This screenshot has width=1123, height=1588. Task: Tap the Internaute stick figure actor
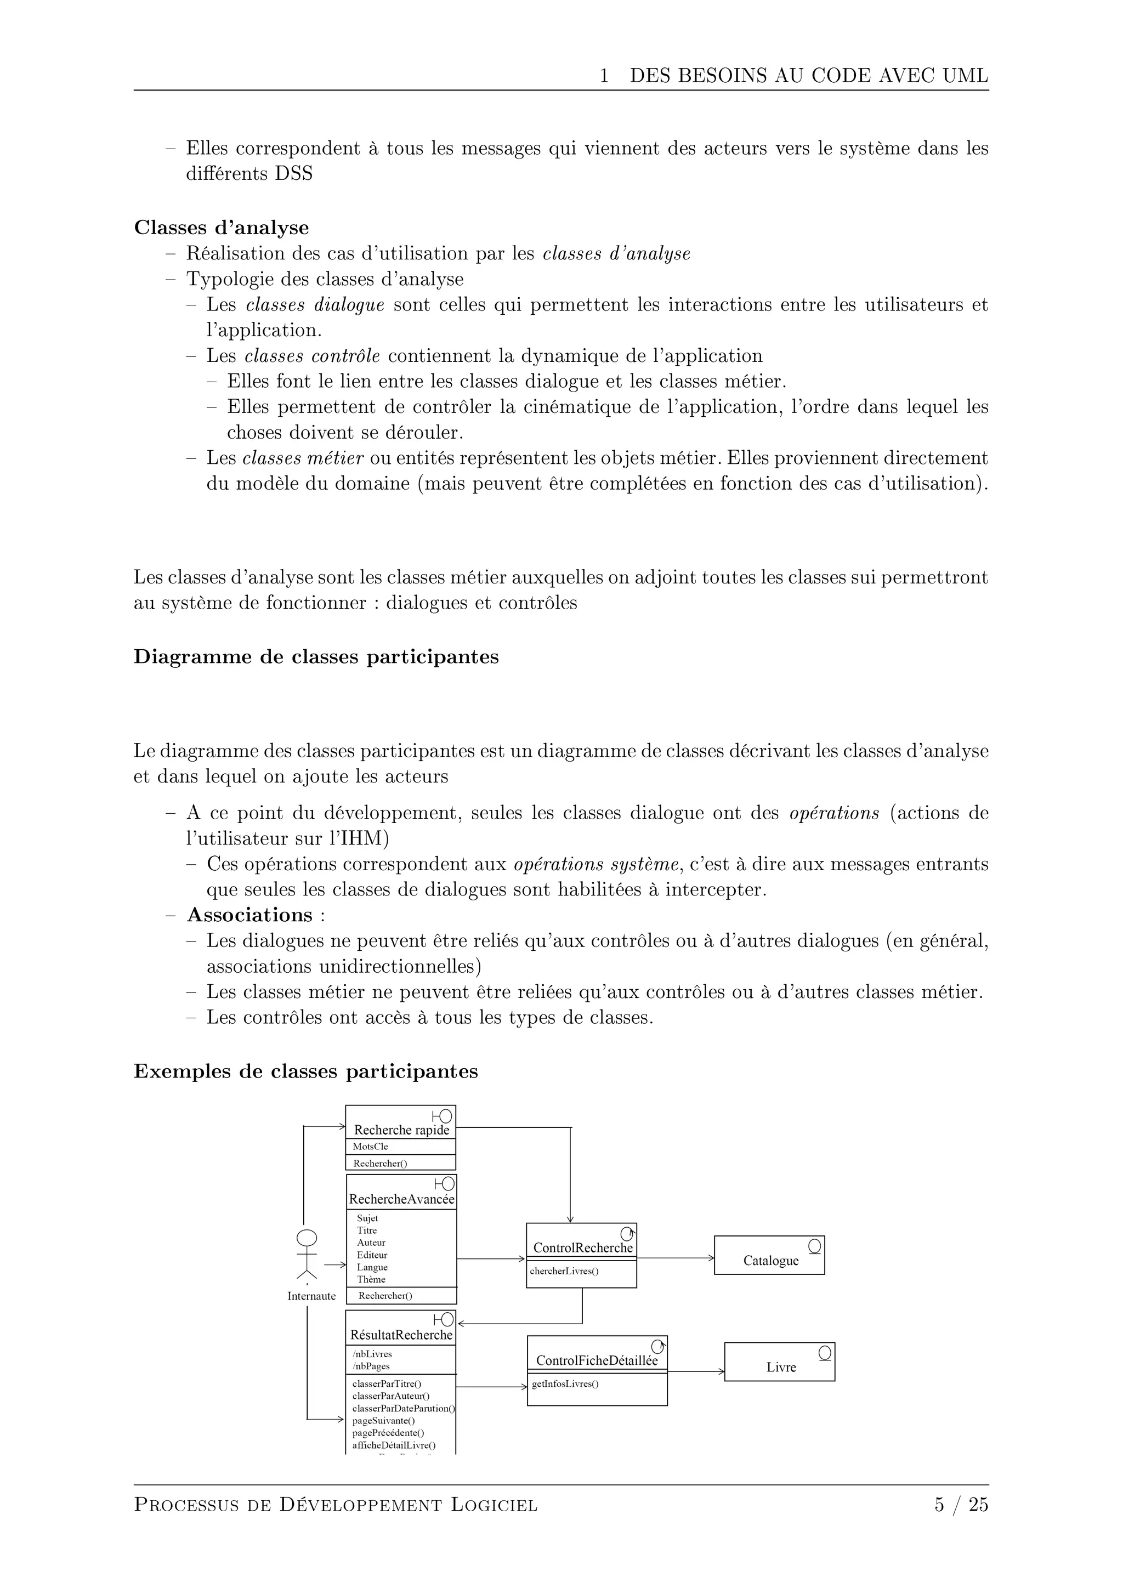click(x=307, y=1254)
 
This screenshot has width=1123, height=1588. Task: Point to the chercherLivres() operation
click(x=564, y=1271)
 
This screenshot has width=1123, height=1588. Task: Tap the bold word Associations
click(x=249, y=915)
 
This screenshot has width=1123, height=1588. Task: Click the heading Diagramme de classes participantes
click(x=316, y=656)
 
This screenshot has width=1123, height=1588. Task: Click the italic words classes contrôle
click(x=312, y=356)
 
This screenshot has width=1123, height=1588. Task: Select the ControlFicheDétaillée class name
click(x=596, y=1360)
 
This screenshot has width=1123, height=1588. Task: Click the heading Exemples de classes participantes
click(x=305, y=1071)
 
